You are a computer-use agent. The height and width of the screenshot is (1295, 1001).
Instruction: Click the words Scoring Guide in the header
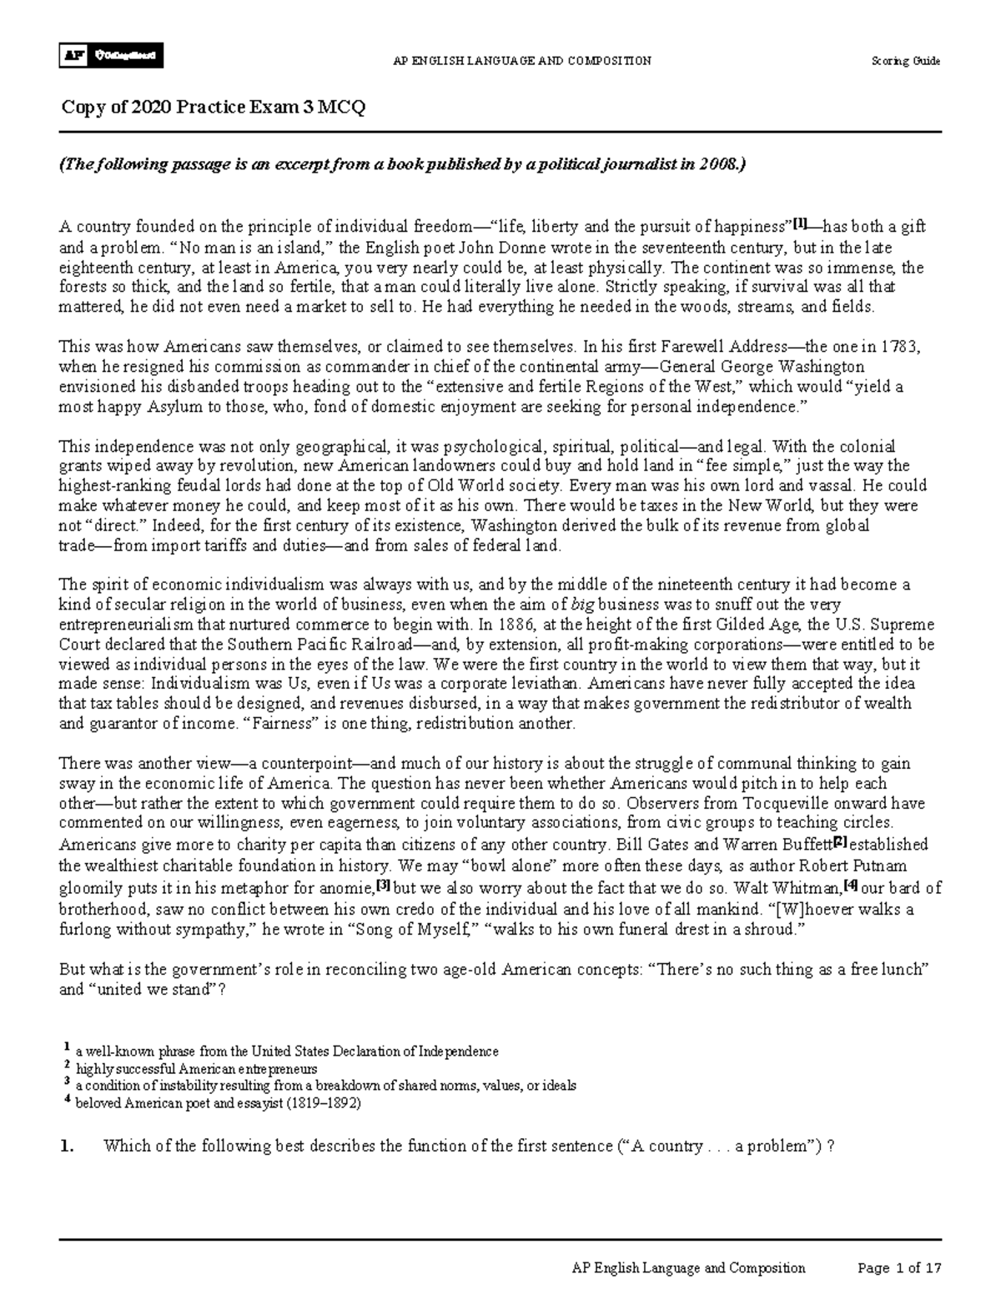click(x=906, y=61)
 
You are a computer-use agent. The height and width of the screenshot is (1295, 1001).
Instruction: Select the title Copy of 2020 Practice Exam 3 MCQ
click(x=214, y=108)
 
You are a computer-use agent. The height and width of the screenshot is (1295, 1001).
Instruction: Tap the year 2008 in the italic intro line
click(x=718, y=165)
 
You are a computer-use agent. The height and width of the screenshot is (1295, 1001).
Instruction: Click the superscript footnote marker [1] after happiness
click(x=798, y=223)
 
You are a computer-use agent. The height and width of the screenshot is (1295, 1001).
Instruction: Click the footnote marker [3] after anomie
click(x=384, y=884)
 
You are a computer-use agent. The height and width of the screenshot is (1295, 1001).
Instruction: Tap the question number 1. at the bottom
click(x=68, y=1146)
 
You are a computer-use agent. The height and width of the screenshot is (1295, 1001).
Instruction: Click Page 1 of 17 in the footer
click(x=899, y=1268)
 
